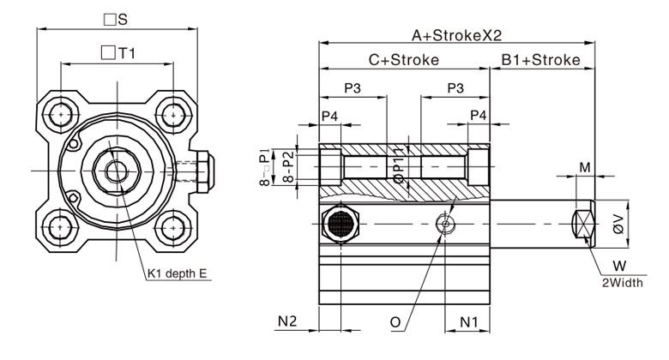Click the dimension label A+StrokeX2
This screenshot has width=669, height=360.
(x=455, y=35)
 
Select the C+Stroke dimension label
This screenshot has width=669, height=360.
(x=403, y=60)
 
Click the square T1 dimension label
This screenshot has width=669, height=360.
(x=118, y=53)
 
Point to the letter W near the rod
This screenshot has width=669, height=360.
(x=618, y=267)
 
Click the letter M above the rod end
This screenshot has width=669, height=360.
(x=584, y=166)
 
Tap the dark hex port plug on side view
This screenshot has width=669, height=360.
(x=341, y=225)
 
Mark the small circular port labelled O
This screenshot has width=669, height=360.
(x=443, y=225)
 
